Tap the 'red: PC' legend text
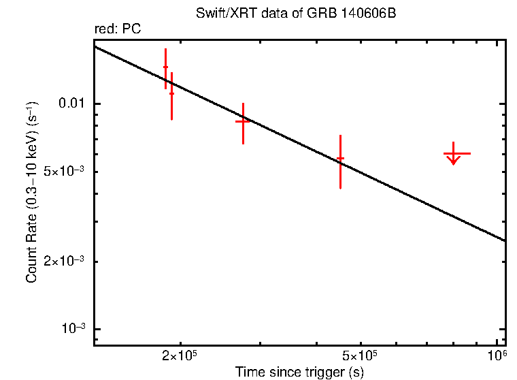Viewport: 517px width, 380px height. (117, 29)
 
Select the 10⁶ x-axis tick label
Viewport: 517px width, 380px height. (498, 356)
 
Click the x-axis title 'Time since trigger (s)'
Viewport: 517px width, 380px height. (299, 373)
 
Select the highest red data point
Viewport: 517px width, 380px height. (165, 67)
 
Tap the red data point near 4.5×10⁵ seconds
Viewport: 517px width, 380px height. (340, 159)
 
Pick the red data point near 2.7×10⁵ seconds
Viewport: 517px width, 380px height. (243, 121)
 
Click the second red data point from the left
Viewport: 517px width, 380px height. (171, 94)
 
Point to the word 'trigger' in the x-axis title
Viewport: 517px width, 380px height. (327, 373)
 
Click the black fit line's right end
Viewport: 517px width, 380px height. (505, 240)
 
